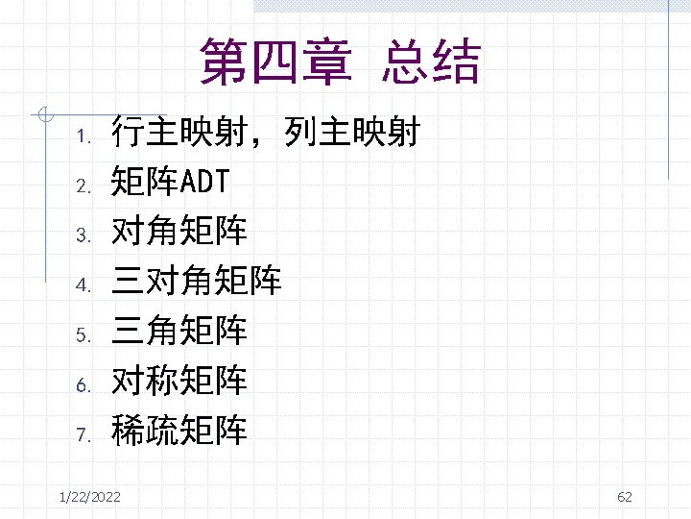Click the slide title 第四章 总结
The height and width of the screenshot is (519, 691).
pyautogui.click(x=340, y=62)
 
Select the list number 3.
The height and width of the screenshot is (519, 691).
pyautogui.click(x=83, y=235)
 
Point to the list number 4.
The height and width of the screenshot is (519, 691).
pyautogui.click(x=83, y=284)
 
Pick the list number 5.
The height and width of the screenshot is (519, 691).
pyautogui.click(x=83, y=334)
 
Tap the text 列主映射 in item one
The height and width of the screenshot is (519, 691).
pyautogui.click(x=352, y=132)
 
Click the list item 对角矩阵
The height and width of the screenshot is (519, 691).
pyautogui.click(x=179, y=232)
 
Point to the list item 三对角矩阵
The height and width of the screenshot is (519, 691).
pyautogui.click(x=196, y=282)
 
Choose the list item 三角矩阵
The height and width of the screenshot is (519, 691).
pyautogui.click(x=179, y=332)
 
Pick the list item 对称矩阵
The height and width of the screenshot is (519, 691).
pyautogui.click(x=179, y=382)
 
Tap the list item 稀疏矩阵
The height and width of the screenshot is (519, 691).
pyautogui.click(x=179, y=432)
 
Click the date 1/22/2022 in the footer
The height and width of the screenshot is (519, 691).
pyautogui.click(x=89, y=496)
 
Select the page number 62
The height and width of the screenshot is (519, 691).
pyautogui.click(x=625, y=496)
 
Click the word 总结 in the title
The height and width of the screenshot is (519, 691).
pyautogui.click(x=430, y=62)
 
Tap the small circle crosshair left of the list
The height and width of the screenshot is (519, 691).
pyautogui.click(x=41, y=115)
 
